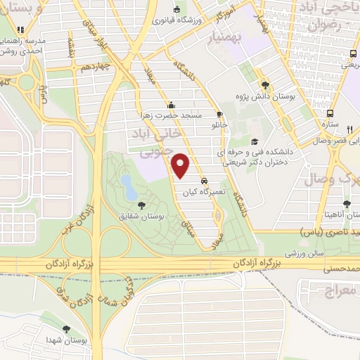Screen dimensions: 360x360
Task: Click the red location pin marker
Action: click(181, 164)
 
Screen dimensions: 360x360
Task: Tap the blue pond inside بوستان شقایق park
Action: click(129, 187)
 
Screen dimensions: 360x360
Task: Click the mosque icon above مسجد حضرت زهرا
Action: click(171, 105)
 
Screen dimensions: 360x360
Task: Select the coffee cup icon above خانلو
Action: click(220, 115)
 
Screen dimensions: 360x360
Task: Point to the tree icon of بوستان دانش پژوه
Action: click(265, 84)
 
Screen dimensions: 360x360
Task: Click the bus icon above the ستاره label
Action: click(329, 113)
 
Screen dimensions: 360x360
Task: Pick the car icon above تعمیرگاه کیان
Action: click(204, 180)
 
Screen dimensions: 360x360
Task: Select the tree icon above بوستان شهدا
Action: click(67, 329)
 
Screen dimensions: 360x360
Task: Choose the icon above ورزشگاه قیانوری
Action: click(176, 9)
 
